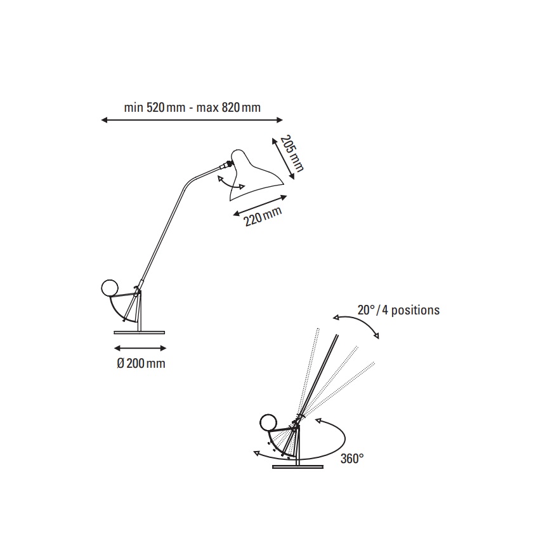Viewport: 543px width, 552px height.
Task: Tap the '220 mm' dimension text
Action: tap(263, 217)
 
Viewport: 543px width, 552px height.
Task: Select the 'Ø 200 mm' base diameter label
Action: tap(141, 363)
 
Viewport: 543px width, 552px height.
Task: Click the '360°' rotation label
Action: tap(352, 459)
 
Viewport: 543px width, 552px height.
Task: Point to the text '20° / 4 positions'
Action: tap(398, 310)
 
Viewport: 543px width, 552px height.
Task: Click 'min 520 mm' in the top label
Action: tap(155, 107)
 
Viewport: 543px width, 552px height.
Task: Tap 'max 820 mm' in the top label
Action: tap(228, 107)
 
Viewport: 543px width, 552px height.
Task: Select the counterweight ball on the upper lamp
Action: tap(109, 288)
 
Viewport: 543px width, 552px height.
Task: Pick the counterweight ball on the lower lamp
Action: tap(268, 423)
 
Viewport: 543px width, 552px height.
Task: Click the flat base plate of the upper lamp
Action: tap(139, 332)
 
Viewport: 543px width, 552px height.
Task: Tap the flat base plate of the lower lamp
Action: tap(298, 467)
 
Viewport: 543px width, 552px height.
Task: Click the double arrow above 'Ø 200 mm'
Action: tap(140, 349)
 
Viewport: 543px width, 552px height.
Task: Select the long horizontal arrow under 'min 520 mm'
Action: tap(192, 120)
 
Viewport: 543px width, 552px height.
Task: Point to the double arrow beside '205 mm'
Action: tap(283, 158)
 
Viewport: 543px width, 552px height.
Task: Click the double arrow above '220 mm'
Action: tap(260, 205)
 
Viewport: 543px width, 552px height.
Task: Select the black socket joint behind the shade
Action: tap(229, 163)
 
